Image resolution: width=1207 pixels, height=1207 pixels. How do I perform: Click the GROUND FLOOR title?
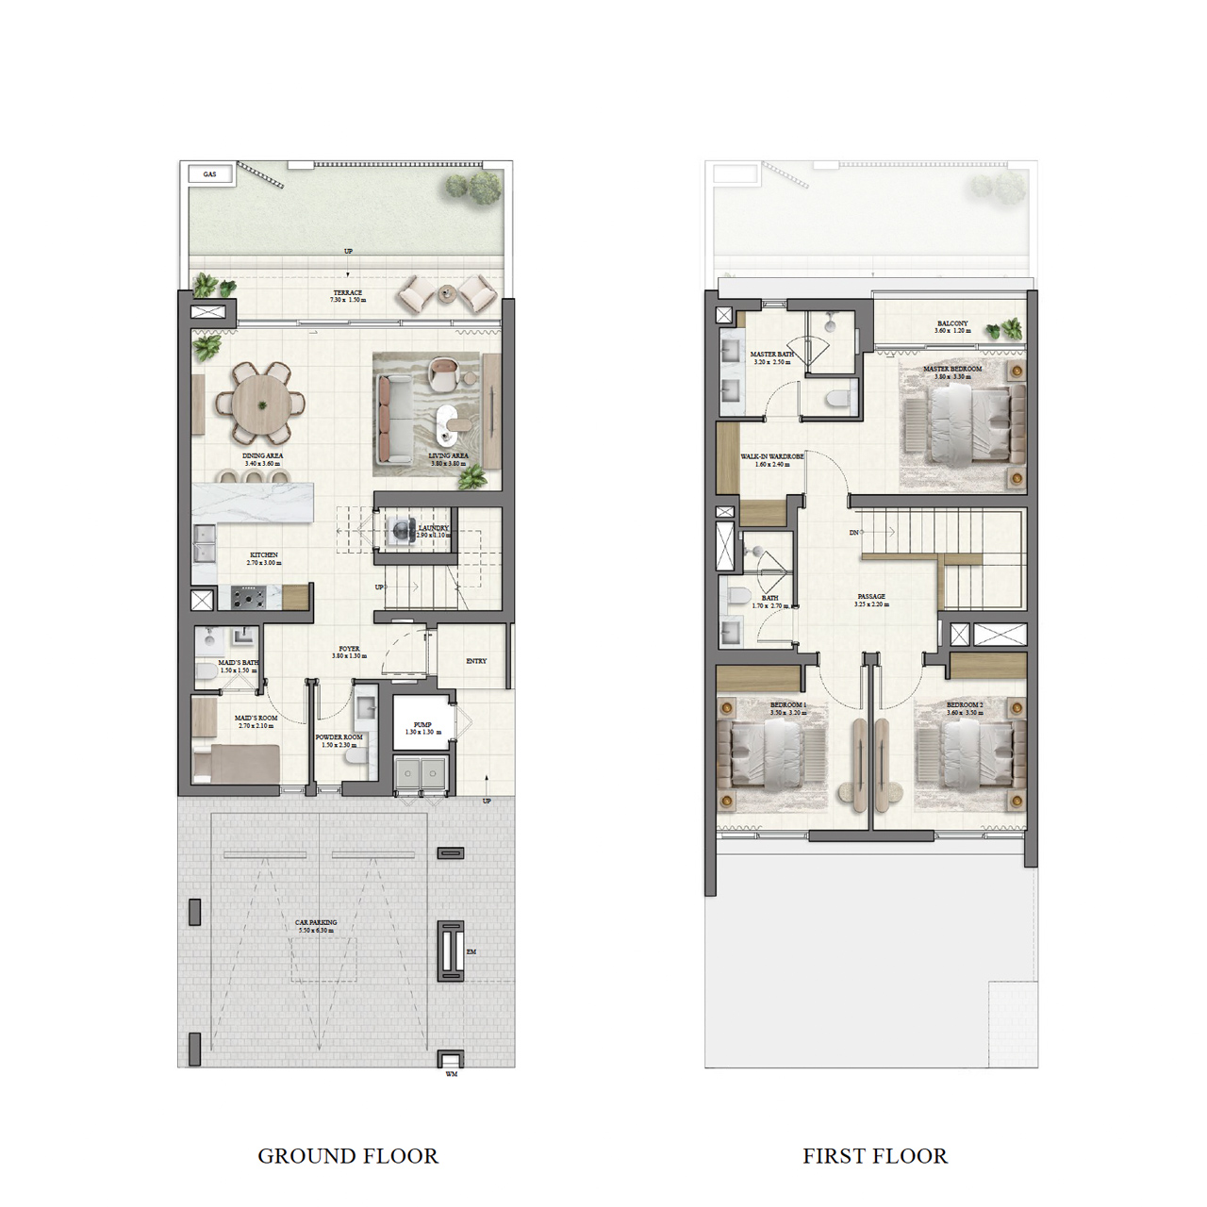click(x=348, y=1156)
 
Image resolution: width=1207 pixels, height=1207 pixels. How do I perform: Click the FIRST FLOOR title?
click(x=874, y=1156)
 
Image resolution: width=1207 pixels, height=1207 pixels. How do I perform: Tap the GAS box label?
click(x=209, y=174)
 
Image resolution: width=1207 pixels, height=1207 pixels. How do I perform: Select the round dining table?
click(x=261, y=404)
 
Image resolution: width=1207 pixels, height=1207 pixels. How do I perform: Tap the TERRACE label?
click(x=347, y=293)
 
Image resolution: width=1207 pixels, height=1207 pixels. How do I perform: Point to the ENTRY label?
click(x=476, y=661)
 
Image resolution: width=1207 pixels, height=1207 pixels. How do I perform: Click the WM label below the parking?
click(x=451, y=1074)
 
